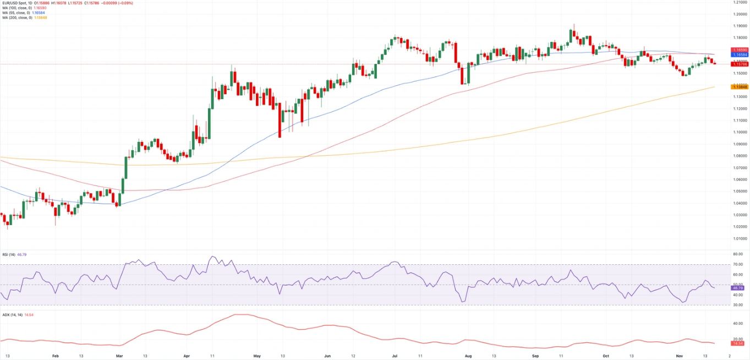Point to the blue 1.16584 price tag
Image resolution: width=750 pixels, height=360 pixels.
tap(738, 55)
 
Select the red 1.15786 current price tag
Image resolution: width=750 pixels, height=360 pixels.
tap(738, 64)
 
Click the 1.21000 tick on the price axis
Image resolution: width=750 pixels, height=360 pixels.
tap(740, 2)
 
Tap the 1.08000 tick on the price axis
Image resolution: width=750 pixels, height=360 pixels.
tap(740, 156)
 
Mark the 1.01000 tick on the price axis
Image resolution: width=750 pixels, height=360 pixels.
tap(740, 238)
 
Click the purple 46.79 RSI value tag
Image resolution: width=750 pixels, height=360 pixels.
tap(738, 288)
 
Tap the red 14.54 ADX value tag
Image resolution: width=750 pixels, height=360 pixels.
tap(738, 343)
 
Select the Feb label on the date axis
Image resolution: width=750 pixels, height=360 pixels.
tap(55, 356)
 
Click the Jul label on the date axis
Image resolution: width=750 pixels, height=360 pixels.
tap(394, 356)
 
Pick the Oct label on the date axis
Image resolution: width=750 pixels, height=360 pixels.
tap(606, 356)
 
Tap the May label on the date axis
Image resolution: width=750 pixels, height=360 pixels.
tap(257, 356)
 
